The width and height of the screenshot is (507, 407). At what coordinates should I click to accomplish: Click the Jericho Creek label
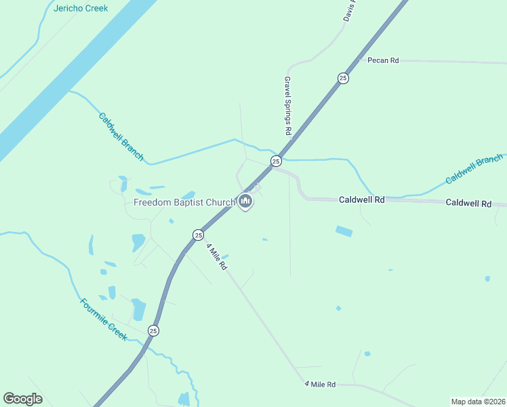tap(81, 9)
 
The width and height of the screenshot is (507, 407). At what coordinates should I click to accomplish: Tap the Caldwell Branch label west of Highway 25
tap(121, 136)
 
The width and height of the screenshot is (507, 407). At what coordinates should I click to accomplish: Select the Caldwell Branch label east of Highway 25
tap(474, 170)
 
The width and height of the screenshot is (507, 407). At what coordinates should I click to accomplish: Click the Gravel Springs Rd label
tap(287, 105)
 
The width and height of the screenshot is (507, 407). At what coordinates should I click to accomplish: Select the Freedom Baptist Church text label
tap(184, 201)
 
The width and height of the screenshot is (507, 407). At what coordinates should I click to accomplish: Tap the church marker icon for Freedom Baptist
tap(245, 201)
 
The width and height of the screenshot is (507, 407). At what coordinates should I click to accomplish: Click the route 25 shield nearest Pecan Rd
tap(343, 78)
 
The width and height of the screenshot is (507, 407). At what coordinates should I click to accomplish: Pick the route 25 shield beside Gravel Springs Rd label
tap(276, 161)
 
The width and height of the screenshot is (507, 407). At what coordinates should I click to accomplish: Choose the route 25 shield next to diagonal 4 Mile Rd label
tap(197, 235)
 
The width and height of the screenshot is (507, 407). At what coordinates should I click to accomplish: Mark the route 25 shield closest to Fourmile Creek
tap(153, 330)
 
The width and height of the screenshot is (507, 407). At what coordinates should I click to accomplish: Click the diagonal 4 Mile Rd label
tap(216, 257)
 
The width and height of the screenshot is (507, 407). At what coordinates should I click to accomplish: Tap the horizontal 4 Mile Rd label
tap(320, 385)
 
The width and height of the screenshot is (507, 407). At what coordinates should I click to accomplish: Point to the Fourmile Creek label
tap(103, 319)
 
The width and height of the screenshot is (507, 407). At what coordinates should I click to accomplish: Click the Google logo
tap(22, 399)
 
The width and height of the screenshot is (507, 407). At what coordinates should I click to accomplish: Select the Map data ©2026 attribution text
tap(478, 402)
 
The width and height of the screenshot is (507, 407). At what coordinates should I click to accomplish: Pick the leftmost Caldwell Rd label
tap(362, 200)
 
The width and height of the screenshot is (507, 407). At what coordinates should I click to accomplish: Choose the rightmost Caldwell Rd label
tap(468, 203)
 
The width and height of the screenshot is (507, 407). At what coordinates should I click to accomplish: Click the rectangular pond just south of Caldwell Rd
tap(344, 231)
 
